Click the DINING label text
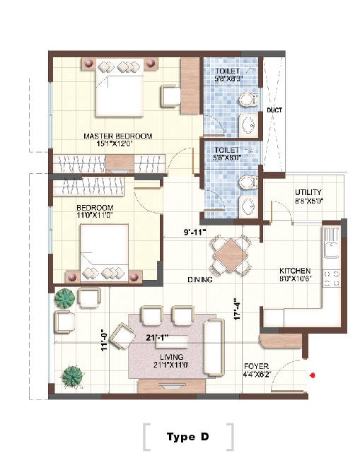[200, 280]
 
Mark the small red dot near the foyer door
[312, 376]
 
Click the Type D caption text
[187, 437]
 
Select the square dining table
[231, 251]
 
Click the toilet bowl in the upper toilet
[246, 100]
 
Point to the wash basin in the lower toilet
[247, 206]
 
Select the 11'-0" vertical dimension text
[103, 340]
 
